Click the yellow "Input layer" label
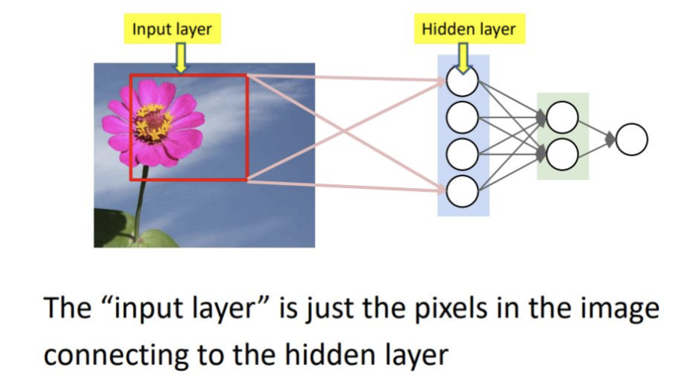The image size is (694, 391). click(173, 30)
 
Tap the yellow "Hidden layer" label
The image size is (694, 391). click(469, 30)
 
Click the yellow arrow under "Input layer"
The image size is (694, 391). click(179, 57)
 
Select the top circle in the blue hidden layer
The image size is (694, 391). click(462, 80)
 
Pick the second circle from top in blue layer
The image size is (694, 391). click(462, 117)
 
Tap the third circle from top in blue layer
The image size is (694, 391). click(462, 154)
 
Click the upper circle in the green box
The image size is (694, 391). click(562, 117)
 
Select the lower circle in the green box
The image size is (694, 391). click(562, 154)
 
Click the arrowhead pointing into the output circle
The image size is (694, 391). click(612, 139)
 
